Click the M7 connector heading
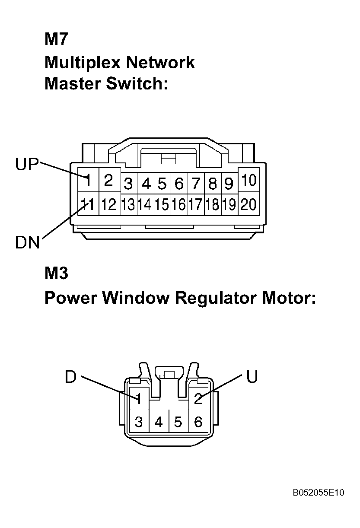[x=56, y=39]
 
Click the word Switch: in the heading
[x=137, y=83]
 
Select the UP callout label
[x=27, y=164]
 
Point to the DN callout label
[x=27, y=242]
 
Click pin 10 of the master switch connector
[x=249, y=180]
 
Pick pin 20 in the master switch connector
[x=248, y=204]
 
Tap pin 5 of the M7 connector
[x=162, y=184]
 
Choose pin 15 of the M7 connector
[x=162, y=204]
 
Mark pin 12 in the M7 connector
[x=109, y=204]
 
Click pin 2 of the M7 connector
[x=108, y=180]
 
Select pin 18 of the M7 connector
[x=213, y=204]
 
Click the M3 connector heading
[x=56, y=273]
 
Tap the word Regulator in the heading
[x=216, y=299]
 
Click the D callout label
[x=71, y=376]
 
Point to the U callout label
[x=252, y=376]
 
